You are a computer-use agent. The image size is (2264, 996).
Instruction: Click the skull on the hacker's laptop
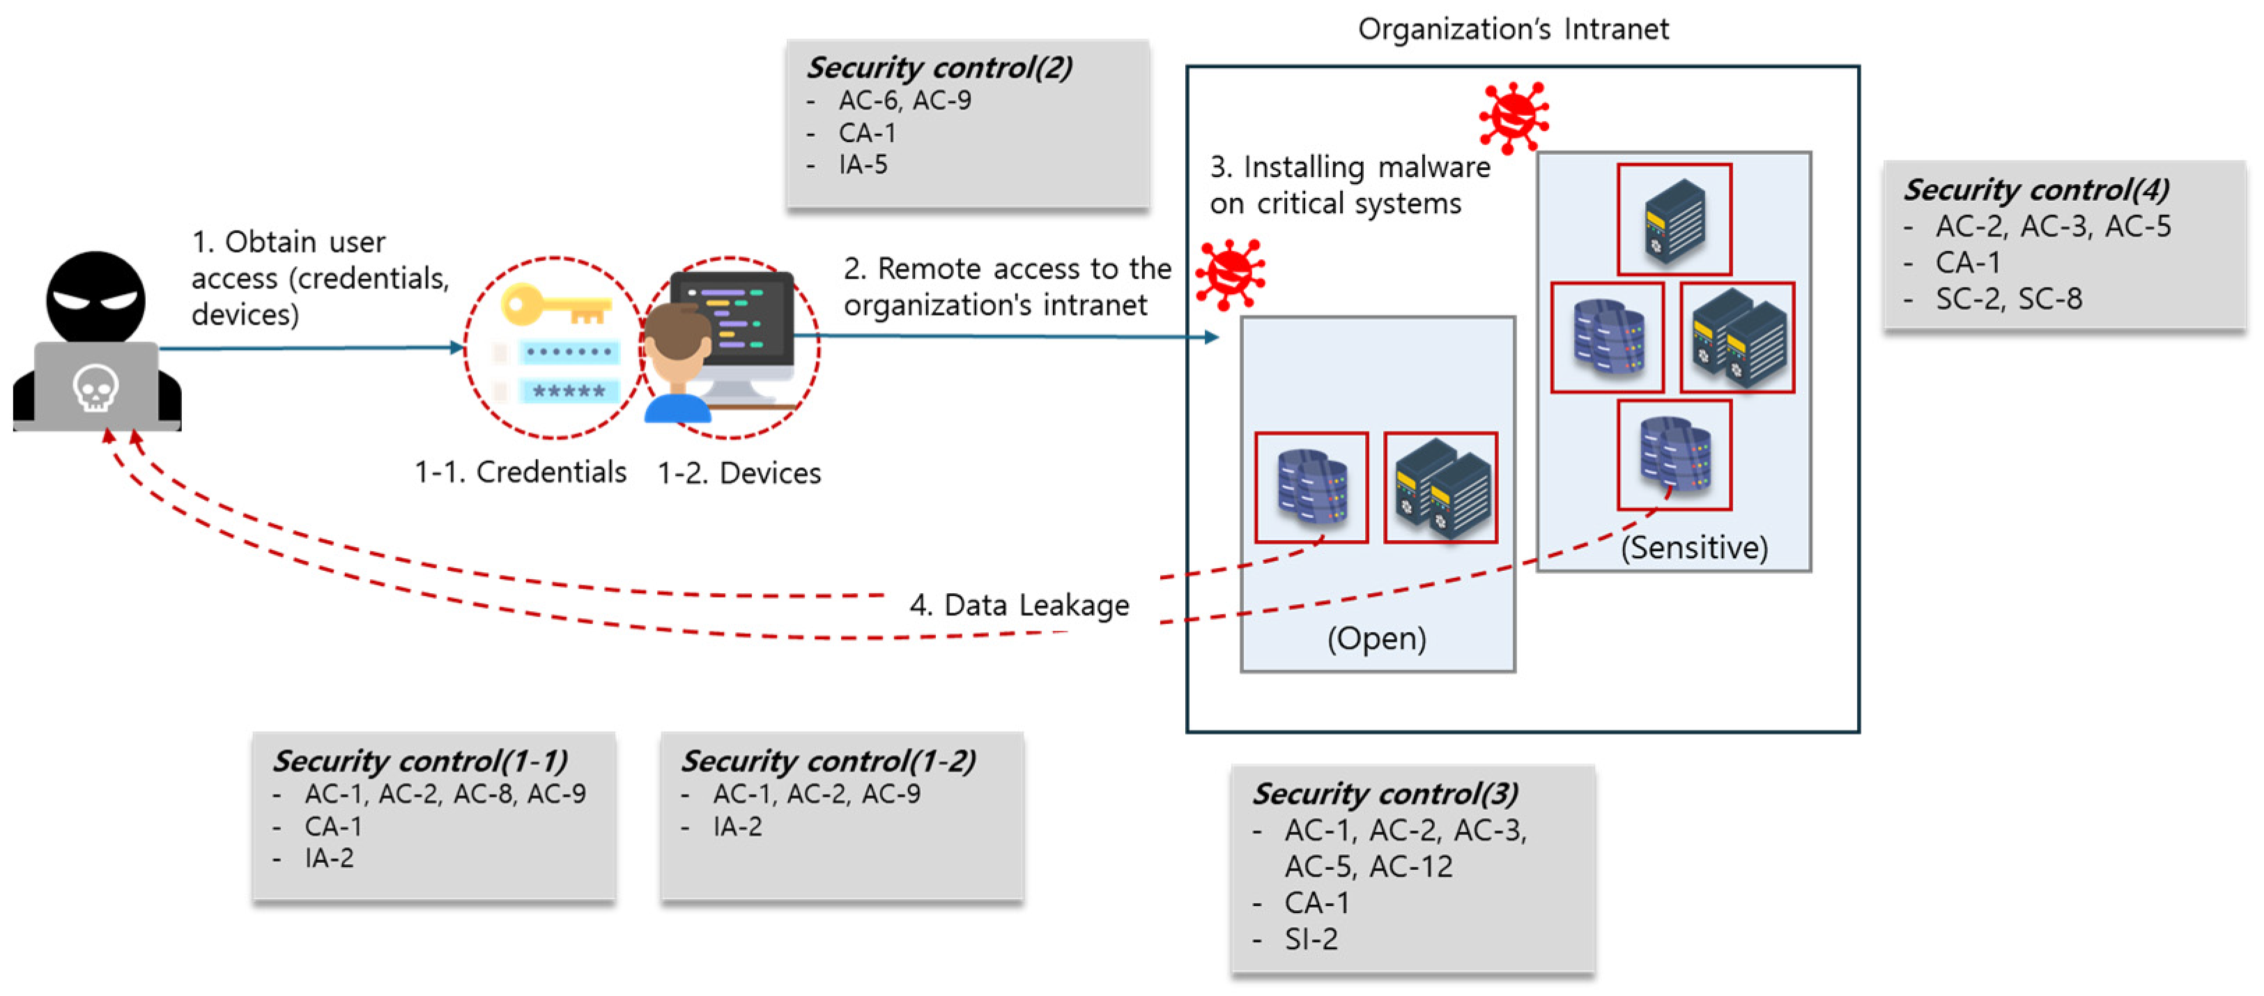pyautogui.click(x=95, y=387)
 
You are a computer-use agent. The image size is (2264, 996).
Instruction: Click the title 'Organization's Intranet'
pyautogui.click(x=1513, y=29)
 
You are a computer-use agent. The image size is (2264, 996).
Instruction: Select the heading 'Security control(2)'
pyautogui.click(x=939, y=68)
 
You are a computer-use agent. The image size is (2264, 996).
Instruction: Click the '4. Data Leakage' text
pyautogui.click(x=1019, y=605)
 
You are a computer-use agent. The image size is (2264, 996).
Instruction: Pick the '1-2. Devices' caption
pyautogui.click(x=739, y=473)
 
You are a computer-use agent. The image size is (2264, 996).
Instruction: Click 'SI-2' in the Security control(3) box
pyautogui.click(x=1311, y=939)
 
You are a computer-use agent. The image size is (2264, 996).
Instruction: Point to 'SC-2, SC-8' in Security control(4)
pyautogui.click(x=2008, y=299)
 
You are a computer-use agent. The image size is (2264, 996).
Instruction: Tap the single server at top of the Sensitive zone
pyautogui.click(x=1674, y=220)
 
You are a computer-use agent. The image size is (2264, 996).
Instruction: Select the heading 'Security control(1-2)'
pyautogui.click(x=828, y=760)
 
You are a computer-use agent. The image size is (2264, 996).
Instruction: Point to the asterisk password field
pyautogui.click(x=569, y=391)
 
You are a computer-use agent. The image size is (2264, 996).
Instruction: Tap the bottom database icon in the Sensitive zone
pyautogui.click(x=1674, y=455)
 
